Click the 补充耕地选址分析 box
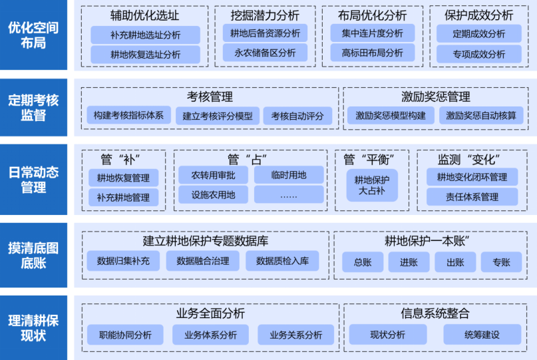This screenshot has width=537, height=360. [x=145, y=35]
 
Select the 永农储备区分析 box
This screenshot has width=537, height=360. [x=265, y=53]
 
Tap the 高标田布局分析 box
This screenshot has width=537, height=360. [x=372, y=53]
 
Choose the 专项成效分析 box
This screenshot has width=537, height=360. [x=478, y=54]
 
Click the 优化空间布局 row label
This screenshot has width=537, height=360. [x=33, y=35]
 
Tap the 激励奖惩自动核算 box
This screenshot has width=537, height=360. [x=480, y=116]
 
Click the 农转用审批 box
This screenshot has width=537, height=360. [x=209, y=175]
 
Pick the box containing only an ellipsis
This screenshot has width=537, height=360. [x=289, y=196]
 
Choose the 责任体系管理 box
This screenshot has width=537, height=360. [x=472, y=196]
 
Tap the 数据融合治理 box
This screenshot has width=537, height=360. [x=202, y=261]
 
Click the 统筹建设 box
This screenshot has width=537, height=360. [x=482, y=335]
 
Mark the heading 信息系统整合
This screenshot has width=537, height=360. [x=435, y=313]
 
